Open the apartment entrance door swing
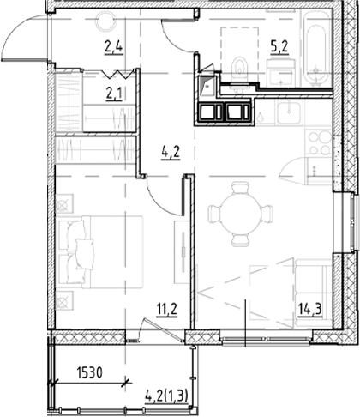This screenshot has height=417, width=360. coord(26,39)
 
